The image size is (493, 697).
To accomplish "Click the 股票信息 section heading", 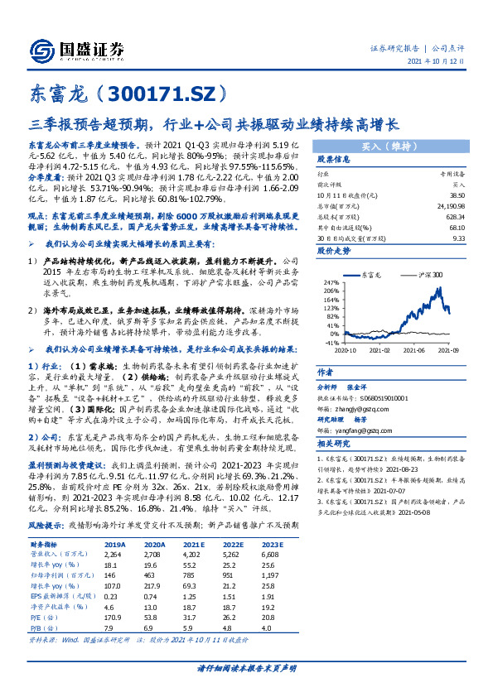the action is pos(331,159).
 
